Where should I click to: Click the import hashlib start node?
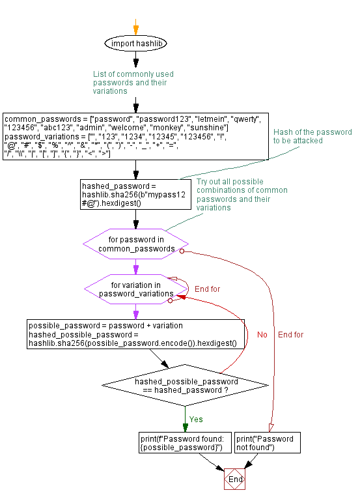[x=135, y=44]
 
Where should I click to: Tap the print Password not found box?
[x=265, y=443]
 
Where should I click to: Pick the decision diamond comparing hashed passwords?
[x=186, y=386]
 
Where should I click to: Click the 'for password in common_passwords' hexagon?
[x=136, y=244]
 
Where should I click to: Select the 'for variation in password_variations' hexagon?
[x=136, y=289]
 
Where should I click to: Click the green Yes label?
[x=196, y=419]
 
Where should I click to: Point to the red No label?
[x=262, y=335]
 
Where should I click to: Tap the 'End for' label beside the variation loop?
[x=207, y=289]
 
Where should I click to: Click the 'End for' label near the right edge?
[x=290, y=335]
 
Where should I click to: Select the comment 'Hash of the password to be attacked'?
[x=312, y=136]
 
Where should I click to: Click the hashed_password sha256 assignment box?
[x=136, y=194]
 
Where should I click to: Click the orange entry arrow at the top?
[x=135, y=27]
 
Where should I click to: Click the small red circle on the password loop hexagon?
[x=182, y=251]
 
